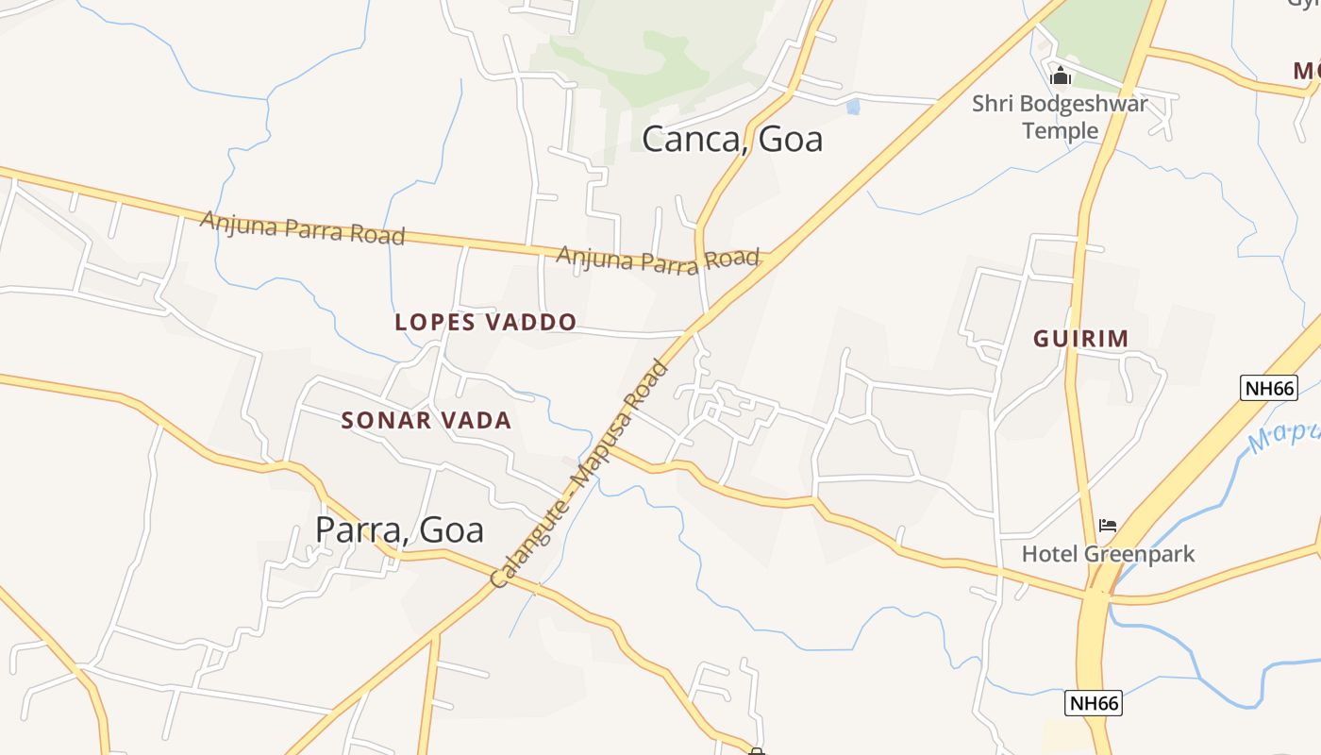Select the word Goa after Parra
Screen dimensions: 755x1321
451,529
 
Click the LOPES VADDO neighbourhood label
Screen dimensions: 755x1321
485,322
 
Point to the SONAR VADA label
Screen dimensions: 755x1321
426,421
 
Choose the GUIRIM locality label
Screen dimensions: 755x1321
1080,339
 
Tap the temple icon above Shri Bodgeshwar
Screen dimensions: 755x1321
1061,75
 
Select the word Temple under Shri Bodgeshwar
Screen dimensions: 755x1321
1061,129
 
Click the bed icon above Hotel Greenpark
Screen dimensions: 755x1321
1108,526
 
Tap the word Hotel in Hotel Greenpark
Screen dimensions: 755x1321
1048,554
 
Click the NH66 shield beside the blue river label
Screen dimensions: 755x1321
1269,387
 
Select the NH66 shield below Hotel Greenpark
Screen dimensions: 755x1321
1094,703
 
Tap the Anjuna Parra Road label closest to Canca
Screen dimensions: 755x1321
658,259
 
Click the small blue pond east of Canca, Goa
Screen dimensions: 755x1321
853,107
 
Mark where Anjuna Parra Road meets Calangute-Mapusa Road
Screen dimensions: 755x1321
776,257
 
